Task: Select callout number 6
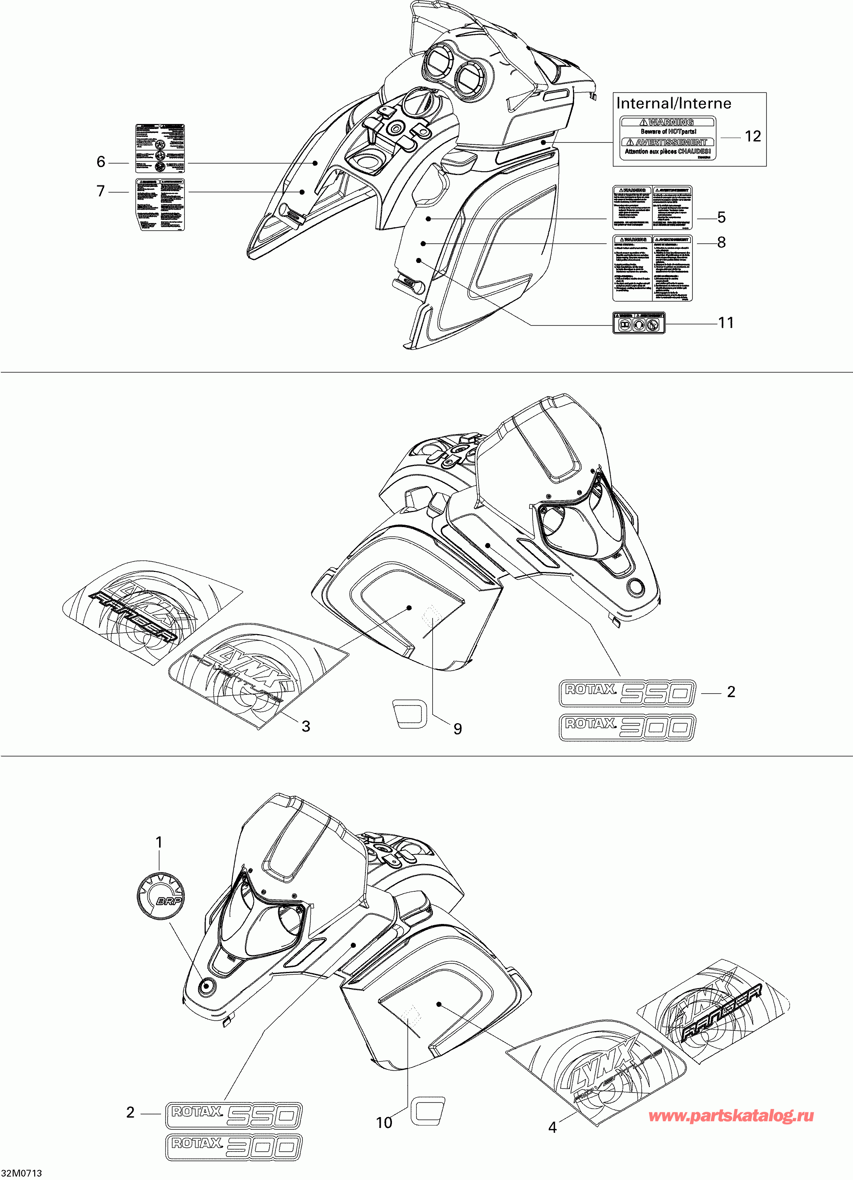click(101, 162)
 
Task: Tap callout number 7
click(101, 192)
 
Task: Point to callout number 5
click(721, 218)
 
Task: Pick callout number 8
click(721, 243)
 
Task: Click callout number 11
click(726, 323)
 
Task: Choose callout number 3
click(306, 726)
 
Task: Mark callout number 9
click(457, 729)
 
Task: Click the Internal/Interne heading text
click(673, 104)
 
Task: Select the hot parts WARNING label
click(668, 137)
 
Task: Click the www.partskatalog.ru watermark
click(731, 1116)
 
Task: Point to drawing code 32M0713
click(22, 1173)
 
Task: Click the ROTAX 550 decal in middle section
click(627, 692)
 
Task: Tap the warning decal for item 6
click(160, 148)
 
